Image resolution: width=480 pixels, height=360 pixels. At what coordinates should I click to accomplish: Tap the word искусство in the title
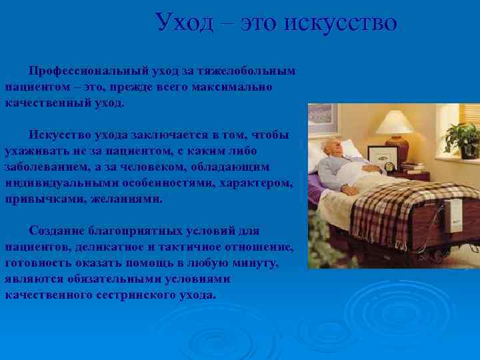[x=341, y=23]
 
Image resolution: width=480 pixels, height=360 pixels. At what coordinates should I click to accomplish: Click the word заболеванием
[x=47, y=167]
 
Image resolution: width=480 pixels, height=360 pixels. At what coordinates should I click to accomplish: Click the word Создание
[x=56, y=231]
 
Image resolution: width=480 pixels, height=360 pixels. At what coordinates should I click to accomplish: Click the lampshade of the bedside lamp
[x=396, y=123]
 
